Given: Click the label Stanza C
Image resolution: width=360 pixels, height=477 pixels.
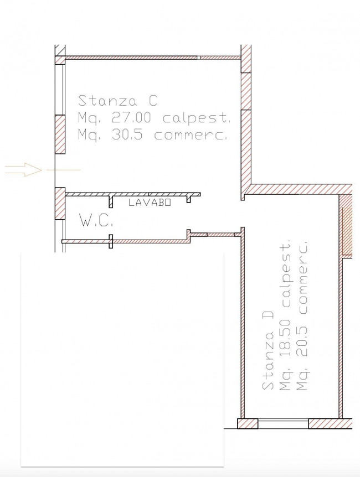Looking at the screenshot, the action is tap(117, 101).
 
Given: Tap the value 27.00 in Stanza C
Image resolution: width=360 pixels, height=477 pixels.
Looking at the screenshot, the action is tap(131, 117).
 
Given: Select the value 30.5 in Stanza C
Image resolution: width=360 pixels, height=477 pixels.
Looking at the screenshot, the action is tap(127, 134).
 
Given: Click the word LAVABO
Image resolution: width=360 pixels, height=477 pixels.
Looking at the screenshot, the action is tap(150, 203).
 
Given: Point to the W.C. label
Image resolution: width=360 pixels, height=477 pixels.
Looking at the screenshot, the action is tap(96, 220).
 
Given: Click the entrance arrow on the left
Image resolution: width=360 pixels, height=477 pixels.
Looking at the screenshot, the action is tap(23, 170).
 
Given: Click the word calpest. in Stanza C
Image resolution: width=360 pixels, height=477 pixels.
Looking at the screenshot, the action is tap(197, 118).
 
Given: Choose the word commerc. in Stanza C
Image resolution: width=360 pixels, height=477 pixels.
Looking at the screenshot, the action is tap(191, 135).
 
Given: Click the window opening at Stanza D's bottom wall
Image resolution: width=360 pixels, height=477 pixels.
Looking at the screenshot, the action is tap(283, 423).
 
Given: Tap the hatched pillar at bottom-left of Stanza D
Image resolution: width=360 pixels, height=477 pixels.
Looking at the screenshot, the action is tap(248, 423).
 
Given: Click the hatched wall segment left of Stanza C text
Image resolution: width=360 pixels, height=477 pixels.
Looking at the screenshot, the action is tap(60, 134).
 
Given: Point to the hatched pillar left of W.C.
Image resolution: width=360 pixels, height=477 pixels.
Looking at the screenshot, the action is tap(60, 204).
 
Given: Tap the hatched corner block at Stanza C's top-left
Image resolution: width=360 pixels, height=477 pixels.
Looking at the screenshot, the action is tap(60, 60).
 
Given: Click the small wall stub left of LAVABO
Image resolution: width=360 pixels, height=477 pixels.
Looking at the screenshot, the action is tap(111, 201).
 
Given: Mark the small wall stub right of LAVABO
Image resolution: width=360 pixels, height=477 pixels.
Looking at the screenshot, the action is tap(189, 199).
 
